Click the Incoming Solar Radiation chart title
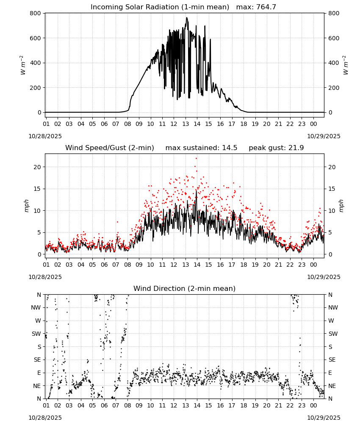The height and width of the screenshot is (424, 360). [160, 7]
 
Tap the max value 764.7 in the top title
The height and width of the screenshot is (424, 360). [266, 7]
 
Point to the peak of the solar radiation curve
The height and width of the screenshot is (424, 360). [187, 17]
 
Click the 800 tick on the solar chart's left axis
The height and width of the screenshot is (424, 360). [36, 13]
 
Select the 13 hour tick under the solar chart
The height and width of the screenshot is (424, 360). [186, 124]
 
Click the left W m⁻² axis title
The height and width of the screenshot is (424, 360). [23, 65]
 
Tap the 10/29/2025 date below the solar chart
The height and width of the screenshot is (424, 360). [324, 136]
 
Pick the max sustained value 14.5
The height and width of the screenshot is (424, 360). [230, 148]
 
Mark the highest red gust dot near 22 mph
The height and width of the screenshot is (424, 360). [197, 159]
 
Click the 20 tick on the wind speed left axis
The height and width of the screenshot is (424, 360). [37, 167]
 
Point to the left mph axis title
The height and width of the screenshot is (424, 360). [26, 206]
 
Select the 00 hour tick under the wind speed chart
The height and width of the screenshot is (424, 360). [313, 265]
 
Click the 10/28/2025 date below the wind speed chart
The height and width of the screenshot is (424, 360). [45, 277]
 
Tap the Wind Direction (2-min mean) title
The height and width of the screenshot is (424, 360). [185, 288]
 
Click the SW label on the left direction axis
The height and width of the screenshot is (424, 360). [36, 334]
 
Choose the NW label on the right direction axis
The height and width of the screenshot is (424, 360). [333, 308]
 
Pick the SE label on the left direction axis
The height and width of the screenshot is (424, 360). [37, 360]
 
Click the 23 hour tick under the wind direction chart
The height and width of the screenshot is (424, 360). [302, 406]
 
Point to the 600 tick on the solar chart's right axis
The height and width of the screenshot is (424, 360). [334, 38]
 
